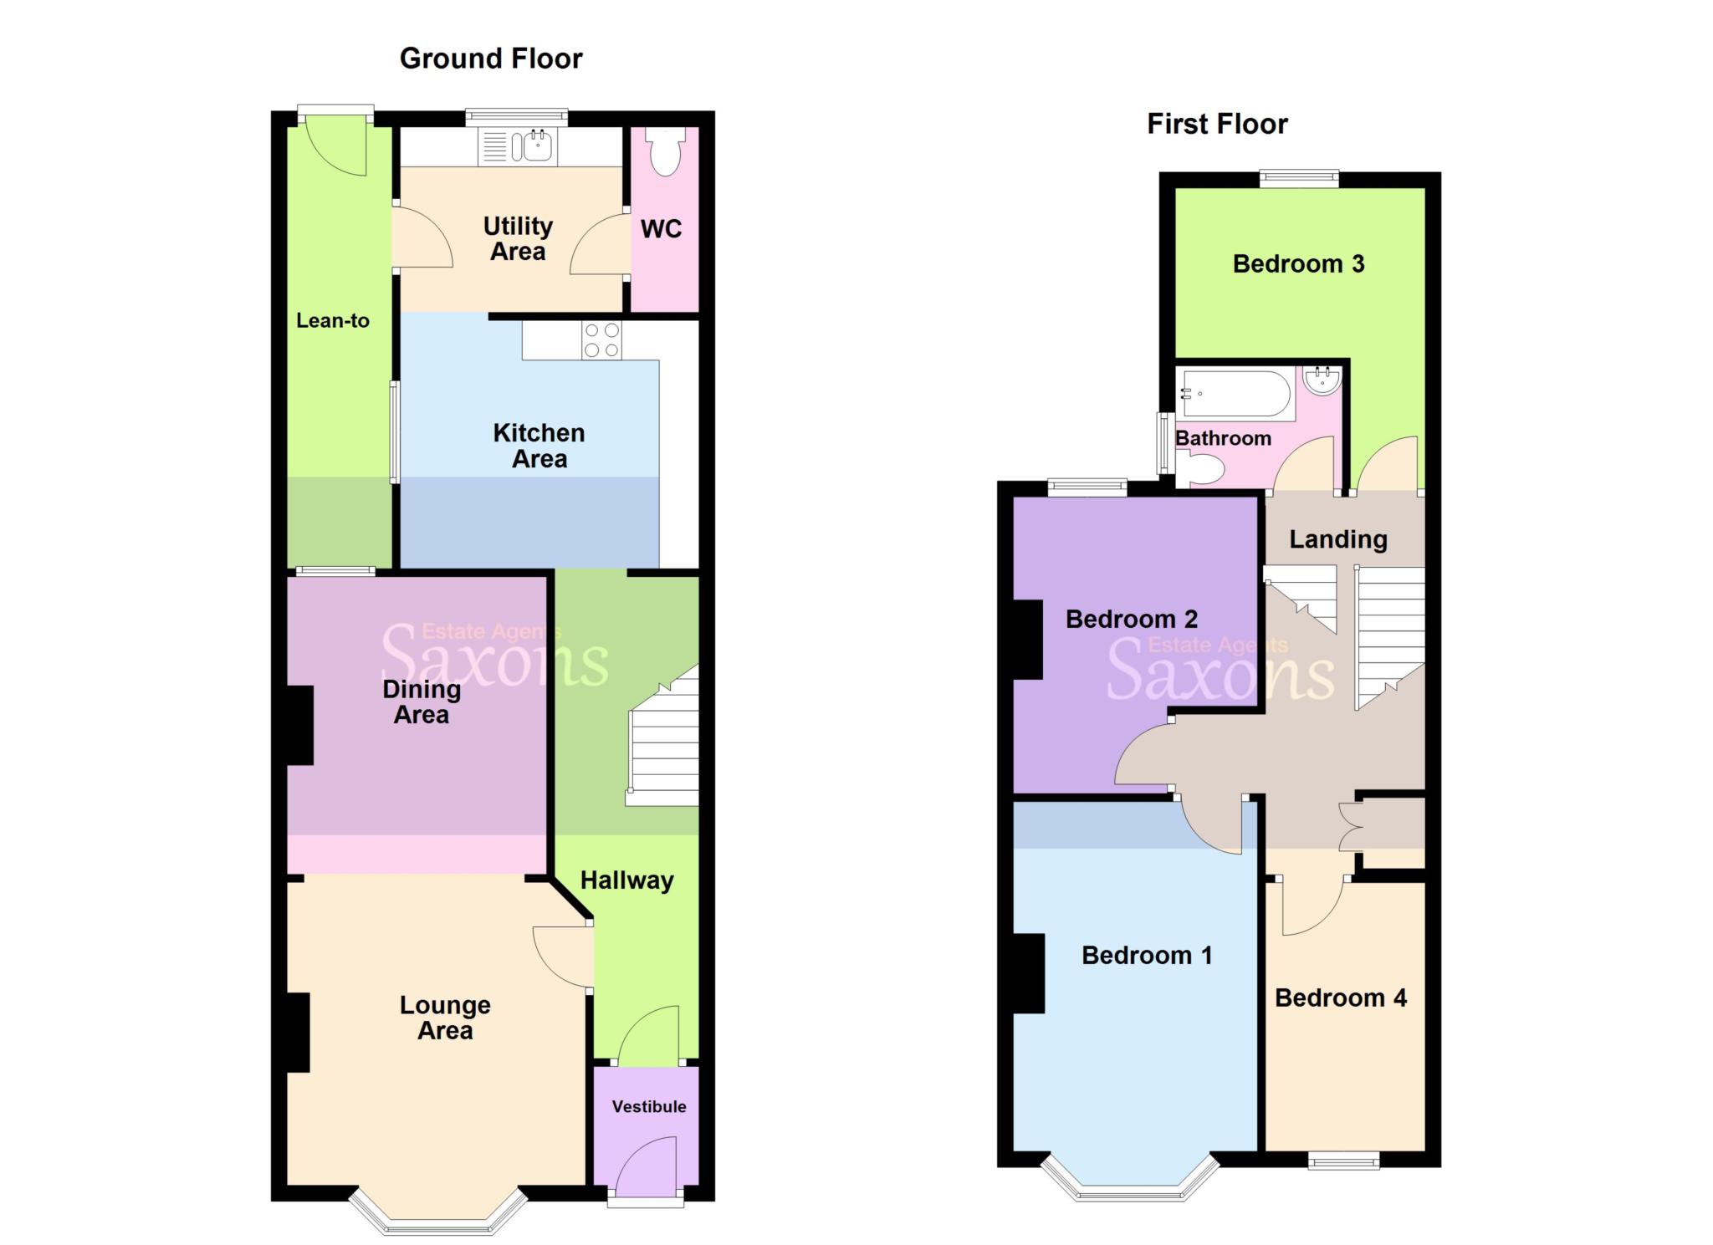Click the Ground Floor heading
[491, 59]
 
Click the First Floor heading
[1217, 124]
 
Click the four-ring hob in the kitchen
[601, 339]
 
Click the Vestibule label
[648, 1106]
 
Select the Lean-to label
[333, 320]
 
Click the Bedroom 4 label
[1340, 998]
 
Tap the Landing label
[1337, 539]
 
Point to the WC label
[661, 229]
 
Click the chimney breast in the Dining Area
[300, 725]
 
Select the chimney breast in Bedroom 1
[1029, 973]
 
